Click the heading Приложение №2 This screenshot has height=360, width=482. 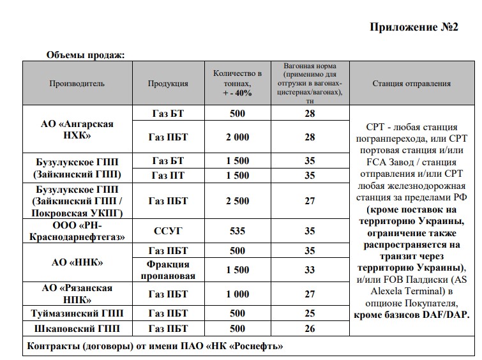click(x=414, y=27)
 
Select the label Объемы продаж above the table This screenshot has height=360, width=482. click(x=85, y=55)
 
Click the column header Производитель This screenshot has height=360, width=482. click(x=77, y=84)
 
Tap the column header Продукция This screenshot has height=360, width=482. click(x=168, y=84)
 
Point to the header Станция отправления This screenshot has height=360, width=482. click(x=411, y=84)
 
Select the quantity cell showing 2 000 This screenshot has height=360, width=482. click(x=237, y=137)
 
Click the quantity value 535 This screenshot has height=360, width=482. click(x=237, y=230)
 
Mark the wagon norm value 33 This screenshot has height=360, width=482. click(x=310, y=270)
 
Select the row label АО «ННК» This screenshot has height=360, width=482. click(x=77, y=262)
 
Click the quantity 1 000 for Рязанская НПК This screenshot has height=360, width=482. click(x=237, y=294)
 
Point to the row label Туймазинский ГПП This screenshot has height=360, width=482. click(x=77, y=313)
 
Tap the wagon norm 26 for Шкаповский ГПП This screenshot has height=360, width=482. click(x=310, y=329)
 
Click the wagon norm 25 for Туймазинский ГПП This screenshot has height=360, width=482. click(x=310, y=313)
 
